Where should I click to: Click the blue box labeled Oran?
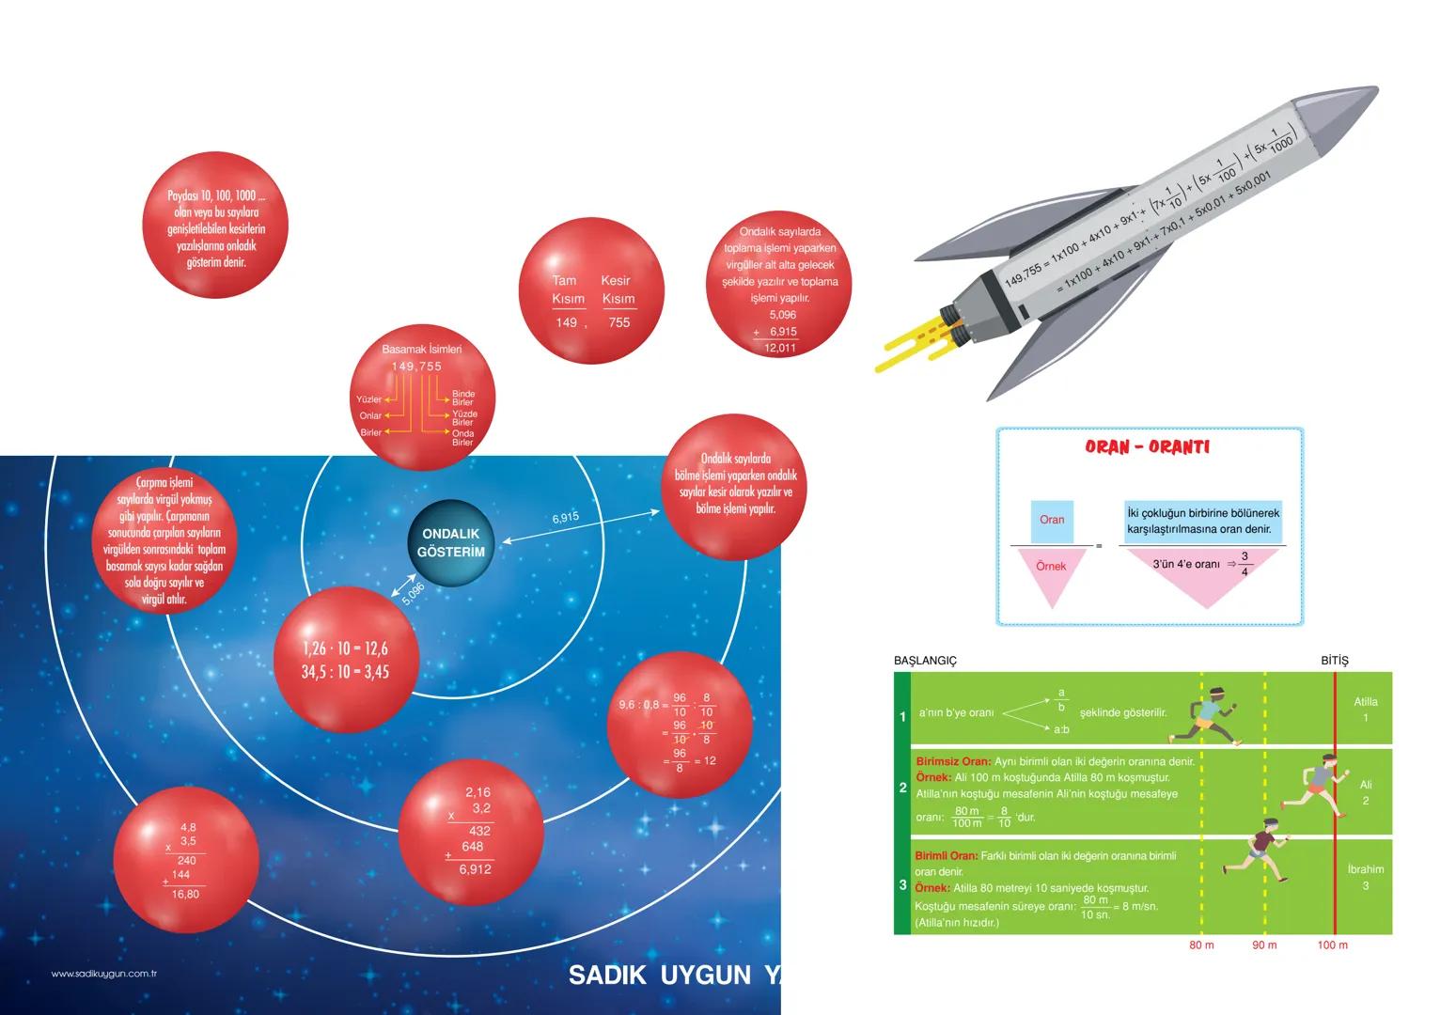pos(1052,521)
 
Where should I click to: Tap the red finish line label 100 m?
pos(1332,945)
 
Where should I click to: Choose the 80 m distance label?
pos(1201,945)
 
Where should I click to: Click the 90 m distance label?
pos(1264,945)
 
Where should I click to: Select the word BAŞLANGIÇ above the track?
pos(925,661)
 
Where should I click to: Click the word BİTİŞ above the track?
pos(1334,661)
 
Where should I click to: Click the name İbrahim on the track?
pos(1365,869)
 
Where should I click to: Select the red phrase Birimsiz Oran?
pos(952,761)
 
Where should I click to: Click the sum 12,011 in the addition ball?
pos(780,348)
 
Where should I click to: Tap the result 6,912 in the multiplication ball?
pos(476,870)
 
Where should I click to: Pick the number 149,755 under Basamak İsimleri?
pos(416,367)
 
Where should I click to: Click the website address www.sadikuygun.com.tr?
pos(103,974)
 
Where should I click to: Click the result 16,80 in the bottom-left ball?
pos(185,895)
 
